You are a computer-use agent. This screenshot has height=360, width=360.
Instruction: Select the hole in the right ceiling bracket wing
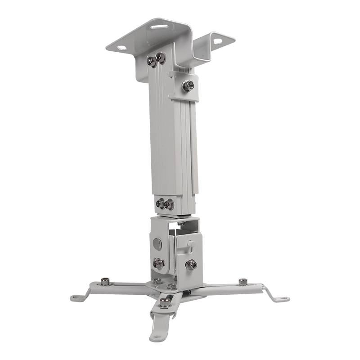tap(217, 41)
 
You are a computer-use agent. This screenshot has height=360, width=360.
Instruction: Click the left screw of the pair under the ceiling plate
tap(153, 61)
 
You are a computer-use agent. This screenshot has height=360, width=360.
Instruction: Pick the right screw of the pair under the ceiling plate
tap(161, 58)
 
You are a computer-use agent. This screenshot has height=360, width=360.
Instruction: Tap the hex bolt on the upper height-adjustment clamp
tap(188, 85)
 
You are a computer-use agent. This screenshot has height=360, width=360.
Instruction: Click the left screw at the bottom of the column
tap(160, 203)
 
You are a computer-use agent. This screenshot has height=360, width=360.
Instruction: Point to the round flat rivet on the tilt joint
tap(157, 243)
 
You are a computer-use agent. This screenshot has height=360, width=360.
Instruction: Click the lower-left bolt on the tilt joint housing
tap(158, 264)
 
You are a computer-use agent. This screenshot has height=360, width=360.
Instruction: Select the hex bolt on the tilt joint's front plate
tap(191, 265)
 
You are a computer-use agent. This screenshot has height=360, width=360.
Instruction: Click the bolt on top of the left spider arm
tap(105, 282)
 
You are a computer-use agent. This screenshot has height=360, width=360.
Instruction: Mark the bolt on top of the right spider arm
tap(243, 282)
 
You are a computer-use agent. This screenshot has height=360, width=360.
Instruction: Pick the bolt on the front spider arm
tap(165, 302)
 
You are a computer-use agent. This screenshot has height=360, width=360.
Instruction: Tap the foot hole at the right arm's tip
tap(282, 298)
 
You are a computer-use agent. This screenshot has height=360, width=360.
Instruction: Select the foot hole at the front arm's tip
tap(155, 336)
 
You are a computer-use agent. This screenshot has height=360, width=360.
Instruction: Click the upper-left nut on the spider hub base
tap(157, 281)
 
